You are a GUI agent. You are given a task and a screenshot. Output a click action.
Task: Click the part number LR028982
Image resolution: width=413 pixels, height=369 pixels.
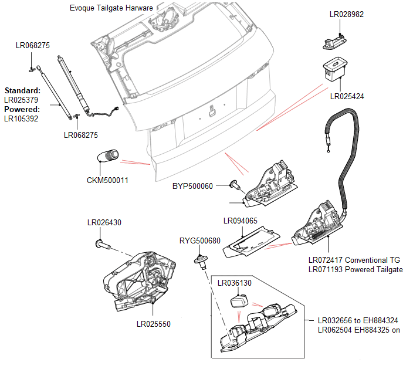click(347, 15)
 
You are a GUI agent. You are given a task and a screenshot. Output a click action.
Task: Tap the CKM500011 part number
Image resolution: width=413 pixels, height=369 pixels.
click(107, 180)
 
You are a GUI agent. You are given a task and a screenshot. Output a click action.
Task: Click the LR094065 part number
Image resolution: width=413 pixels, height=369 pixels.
click(241, 221)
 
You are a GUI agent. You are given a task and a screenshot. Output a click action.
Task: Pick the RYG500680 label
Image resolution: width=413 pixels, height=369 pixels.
click(199, 241)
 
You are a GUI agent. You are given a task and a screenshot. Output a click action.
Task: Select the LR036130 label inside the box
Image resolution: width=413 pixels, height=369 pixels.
click(235, 283)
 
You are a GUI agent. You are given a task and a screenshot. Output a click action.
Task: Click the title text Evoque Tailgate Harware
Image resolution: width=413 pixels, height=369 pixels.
click(111, 8)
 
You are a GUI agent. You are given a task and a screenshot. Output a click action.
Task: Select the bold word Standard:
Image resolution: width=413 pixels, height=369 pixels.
click(22, 91)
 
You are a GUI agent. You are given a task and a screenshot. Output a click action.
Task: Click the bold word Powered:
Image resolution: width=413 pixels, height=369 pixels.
click(22, 110)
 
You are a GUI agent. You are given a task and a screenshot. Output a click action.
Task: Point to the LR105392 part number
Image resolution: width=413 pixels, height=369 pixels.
click(21, 119)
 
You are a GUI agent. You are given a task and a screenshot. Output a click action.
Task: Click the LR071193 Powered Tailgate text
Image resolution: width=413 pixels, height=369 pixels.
click(356, 269)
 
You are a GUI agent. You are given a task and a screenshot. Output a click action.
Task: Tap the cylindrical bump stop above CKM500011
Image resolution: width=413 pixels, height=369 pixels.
click(107, 157)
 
